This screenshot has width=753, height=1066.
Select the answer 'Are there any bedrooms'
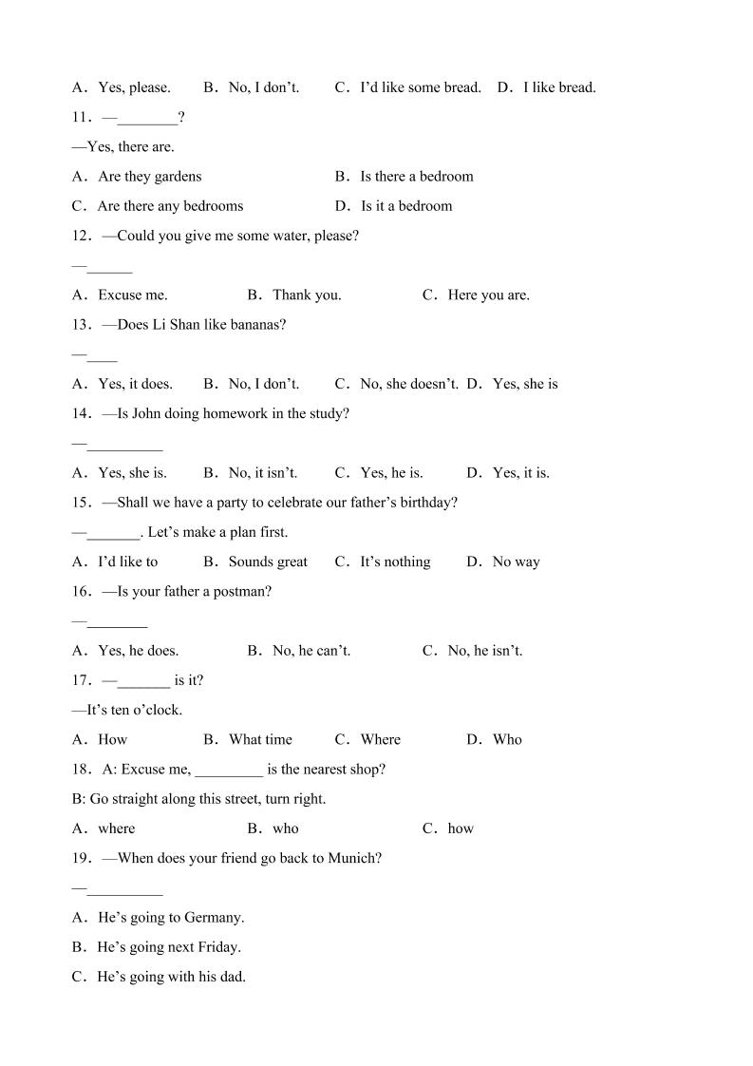170,206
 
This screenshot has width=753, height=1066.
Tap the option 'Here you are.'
488,295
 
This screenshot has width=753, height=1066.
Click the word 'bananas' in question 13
257,325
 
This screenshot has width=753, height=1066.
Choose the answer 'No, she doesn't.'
409,384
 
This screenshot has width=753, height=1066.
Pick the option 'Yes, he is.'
391,472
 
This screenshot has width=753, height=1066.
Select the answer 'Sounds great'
268,562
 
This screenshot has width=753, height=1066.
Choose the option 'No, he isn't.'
484,651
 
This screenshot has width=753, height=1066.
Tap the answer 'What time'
260,739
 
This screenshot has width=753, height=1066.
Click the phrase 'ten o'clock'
142,710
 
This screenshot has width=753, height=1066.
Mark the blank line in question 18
229,770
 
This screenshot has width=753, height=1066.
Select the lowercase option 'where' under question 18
116,828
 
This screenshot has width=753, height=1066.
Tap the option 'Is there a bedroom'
416,177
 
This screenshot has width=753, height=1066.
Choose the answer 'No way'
516,562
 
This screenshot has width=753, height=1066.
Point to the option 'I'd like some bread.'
421,87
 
